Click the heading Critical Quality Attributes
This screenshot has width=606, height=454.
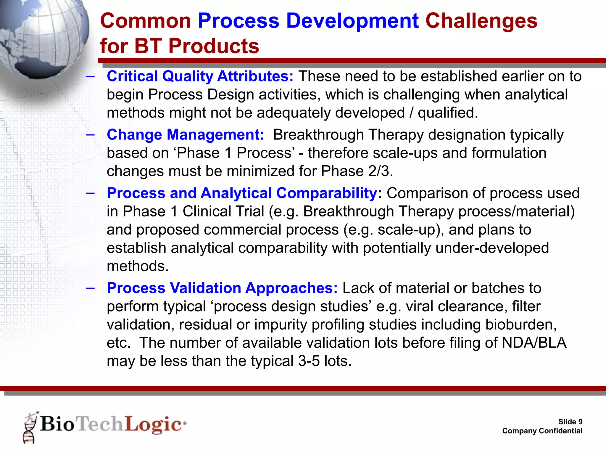[x=200, y=76]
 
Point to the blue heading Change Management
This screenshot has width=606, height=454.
[x=185, y=135]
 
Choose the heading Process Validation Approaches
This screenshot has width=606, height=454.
[x=222, y=288]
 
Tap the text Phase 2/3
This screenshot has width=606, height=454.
[x=357, y=171]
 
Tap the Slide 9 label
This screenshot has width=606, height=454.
[x=570, y=422]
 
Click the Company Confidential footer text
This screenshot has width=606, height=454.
[x=542, y=431]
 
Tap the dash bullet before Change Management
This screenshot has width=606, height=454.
[x=90, y=135]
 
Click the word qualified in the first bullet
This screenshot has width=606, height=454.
[x=448, y=113]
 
